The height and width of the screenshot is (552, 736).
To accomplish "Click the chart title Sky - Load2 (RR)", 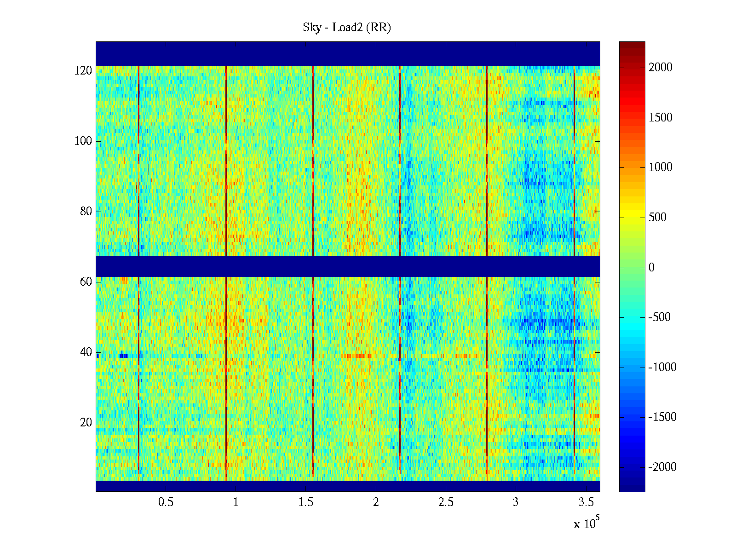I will click(x=347, y=28).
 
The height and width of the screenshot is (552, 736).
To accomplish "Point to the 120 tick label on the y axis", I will click(x=83, y=71).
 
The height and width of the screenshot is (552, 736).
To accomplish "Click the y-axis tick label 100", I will click(x=83, y=141).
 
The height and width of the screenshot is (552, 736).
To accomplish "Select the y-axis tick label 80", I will click(x=86, y=212).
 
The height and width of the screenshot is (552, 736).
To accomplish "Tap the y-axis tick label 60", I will click(x=86, y=282).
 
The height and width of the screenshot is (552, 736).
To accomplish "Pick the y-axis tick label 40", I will click(x=86, y=352).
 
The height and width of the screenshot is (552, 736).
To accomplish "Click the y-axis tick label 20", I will click(x=86, y=423).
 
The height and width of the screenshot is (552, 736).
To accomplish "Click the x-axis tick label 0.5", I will click(x=166, y=502).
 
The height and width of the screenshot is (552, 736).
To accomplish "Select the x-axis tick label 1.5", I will click(x=306, y=502).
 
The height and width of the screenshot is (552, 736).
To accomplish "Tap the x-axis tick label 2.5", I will click(x=446, y=502).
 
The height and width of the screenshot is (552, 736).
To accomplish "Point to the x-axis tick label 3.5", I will click(x=586, y=502).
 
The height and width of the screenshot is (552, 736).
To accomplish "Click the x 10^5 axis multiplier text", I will click(x=586, y=523).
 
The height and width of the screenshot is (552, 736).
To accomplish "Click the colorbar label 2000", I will click(x=661, y=68).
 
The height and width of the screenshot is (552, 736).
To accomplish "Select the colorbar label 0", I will click(x=651, y=268).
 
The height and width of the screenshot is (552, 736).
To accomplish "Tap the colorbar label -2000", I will click(x=662, y=467).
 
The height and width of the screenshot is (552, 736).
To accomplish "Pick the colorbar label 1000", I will click(x=661, y=167).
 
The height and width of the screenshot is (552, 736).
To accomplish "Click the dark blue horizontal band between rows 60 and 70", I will click(x=348, y=266).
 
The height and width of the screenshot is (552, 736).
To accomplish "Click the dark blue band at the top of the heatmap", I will click(x=348, y=53).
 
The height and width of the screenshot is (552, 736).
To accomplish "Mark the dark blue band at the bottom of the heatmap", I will click(x=348, y=486).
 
